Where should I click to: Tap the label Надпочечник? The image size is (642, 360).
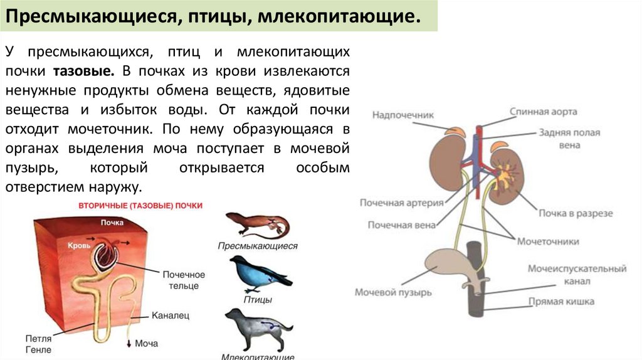tap(403, 115)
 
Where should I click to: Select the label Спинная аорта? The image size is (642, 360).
tap(543, 112)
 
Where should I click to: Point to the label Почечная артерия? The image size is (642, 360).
tap(401, 203)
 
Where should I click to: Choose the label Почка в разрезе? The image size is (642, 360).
tap(576, 213)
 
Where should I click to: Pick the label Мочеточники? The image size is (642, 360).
tap(547, 241)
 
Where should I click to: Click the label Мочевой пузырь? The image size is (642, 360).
tap(393, 292)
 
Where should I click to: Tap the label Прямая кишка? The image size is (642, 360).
tap(560, 302)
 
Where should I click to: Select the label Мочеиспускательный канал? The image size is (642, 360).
tap(576, 275)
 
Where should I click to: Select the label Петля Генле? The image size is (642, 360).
tap(39, 344)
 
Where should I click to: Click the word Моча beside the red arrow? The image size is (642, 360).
tap(146, 344)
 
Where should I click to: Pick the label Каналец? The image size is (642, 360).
tap(171, 315)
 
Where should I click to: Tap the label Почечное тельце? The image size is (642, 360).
tap(184, 280)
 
